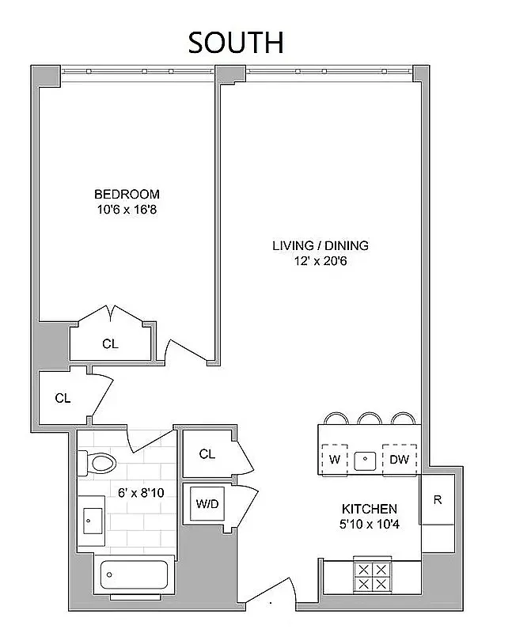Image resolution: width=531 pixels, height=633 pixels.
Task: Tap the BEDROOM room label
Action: point(127,194)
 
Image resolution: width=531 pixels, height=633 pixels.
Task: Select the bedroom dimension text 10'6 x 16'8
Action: point(127,210)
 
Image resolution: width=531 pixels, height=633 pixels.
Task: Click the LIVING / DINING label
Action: point(320,245)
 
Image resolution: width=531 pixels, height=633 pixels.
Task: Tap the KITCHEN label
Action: point(369,508)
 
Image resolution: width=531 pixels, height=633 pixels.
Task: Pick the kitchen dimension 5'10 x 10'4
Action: point(369,524)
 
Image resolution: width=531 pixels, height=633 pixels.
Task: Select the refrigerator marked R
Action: point(438,499)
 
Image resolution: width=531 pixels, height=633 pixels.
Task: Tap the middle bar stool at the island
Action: point(368,419)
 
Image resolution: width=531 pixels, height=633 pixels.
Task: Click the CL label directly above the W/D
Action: point(207,454)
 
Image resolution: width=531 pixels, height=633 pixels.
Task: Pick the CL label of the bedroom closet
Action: point(110,343)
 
